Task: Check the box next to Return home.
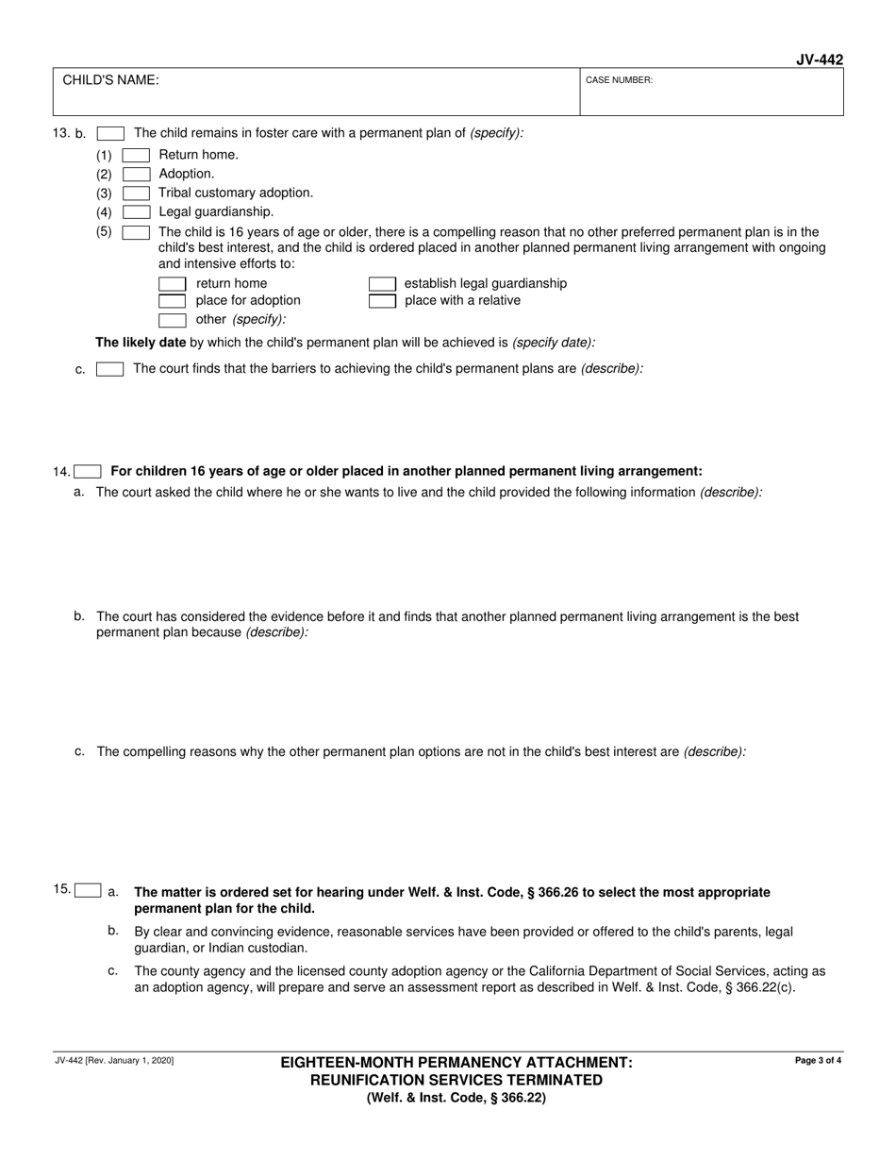point(136,155)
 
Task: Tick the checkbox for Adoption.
point(136,174)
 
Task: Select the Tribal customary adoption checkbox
point(136,193)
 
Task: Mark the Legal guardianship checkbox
point(136,211)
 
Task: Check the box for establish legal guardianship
point(381,283)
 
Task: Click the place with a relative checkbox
point(381,300)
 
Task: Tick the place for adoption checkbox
point(172,300)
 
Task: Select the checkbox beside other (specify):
point(172,319)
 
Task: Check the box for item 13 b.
point(110,133)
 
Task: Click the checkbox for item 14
point(88,471)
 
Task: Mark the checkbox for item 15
point(88,889)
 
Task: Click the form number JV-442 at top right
point(819,59)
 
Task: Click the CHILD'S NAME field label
point(110,80)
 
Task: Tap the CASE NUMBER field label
point(619,80)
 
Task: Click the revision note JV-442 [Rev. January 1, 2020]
point(113,1061)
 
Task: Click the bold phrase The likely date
point(141,343)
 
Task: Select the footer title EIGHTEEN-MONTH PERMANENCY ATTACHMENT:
point(456,1063)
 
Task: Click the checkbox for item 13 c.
point(109,369)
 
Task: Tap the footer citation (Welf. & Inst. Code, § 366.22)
point(456,1098)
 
